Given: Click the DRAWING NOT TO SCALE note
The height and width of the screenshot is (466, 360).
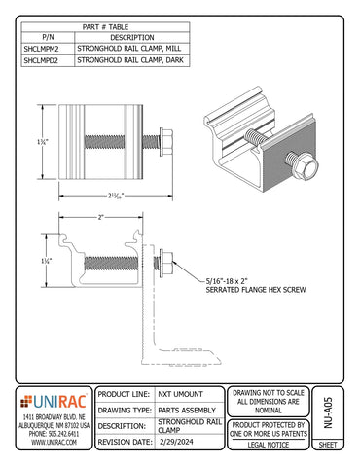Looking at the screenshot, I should pos(270,401).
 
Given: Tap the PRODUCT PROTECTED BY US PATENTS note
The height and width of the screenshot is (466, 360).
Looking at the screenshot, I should pos(270,428).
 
